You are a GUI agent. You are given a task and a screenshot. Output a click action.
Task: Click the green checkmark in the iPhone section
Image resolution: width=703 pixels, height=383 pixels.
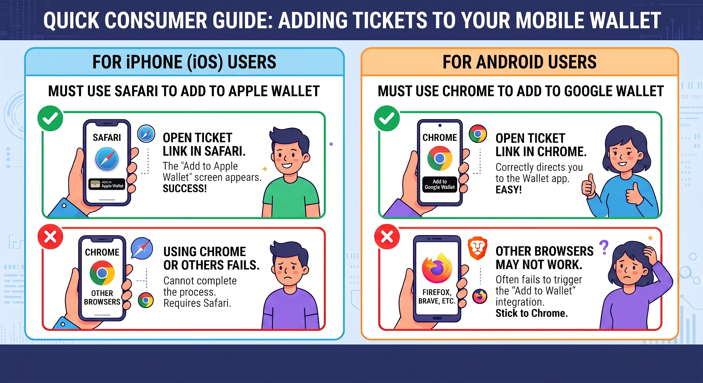point(50,118)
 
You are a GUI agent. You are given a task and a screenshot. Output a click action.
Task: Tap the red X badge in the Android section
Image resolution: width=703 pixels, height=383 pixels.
point(387,237)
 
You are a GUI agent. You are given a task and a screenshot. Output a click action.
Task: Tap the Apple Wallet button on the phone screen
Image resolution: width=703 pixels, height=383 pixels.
point(107,184)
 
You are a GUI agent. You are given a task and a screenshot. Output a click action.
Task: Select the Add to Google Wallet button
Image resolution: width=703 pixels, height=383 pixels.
point(440,184)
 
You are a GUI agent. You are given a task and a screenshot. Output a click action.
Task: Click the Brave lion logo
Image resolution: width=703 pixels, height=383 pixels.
point(477,248)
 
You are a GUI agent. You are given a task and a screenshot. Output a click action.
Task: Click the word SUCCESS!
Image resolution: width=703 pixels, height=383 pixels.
point(185,188)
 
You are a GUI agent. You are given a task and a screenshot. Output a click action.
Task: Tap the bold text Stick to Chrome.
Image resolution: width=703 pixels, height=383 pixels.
point(531,313)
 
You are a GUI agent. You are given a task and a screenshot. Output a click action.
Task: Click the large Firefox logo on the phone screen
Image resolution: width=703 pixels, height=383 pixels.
point(437,268)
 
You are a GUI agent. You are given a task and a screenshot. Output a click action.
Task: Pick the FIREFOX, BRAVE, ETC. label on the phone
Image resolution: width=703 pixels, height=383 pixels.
point(437,296)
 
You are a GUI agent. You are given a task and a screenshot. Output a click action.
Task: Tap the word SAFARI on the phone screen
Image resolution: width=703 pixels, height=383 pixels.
point(107,137)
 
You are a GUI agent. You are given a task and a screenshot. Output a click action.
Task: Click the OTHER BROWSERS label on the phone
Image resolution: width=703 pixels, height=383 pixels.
point(102,297)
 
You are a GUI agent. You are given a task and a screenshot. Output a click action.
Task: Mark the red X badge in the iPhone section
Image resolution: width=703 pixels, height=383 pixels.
point(50,237)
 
